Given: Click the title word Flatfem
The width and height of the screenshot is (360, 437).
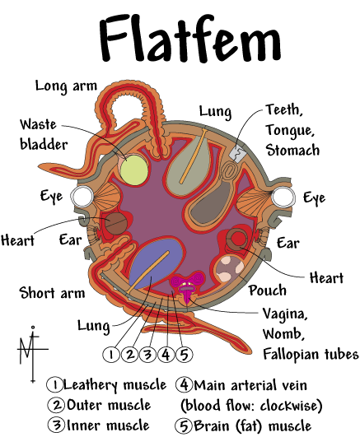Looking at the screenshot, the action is click(190, 38).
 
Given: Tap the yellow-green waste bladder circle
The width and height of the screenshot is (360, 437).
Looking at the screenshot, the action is click(133, 170).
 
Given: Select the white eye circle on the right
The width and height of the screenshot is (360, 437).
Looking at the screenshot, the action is click(283, 198).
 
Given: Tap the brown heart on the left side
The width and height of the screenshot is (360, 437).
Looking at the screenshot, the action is click(116, 224).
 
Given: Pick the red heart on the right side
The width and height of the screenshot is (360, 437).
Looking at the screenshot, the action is click(237, 239).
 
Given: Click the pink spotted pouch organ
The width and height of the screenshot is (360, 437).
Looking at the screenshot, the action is click(230, 268).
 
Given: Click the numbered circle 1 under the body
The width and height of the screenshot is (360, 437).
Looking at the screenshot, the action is click(111, 355).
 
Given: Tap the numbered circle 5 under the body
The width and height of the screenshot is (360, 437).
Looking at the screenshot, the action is click(184, 355).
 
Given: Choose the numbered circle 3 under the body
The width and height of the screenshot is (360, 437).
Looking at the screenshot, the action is click(147, 355).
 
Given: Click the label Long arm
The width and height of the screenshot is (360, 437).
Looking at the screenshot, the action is click(66, 86).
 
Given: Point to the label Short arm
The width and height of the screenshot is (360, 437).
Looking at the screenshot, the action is click(52, 293).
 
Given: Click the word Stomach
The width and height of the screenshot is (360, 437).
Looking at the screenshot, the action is click(292, 150).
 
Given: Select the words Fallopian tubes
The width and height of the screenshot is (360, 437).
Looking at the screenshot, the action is click(311, 354).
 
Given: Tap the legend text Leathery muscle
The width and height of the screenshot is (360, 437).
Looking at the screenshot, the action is click(115, 385).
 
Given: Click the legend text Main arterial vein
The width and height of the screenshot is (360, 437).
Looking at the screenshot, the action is click(250, 385).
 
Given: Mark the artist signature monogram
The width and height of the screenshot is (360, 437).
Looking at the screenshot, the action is click(33, 354).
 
